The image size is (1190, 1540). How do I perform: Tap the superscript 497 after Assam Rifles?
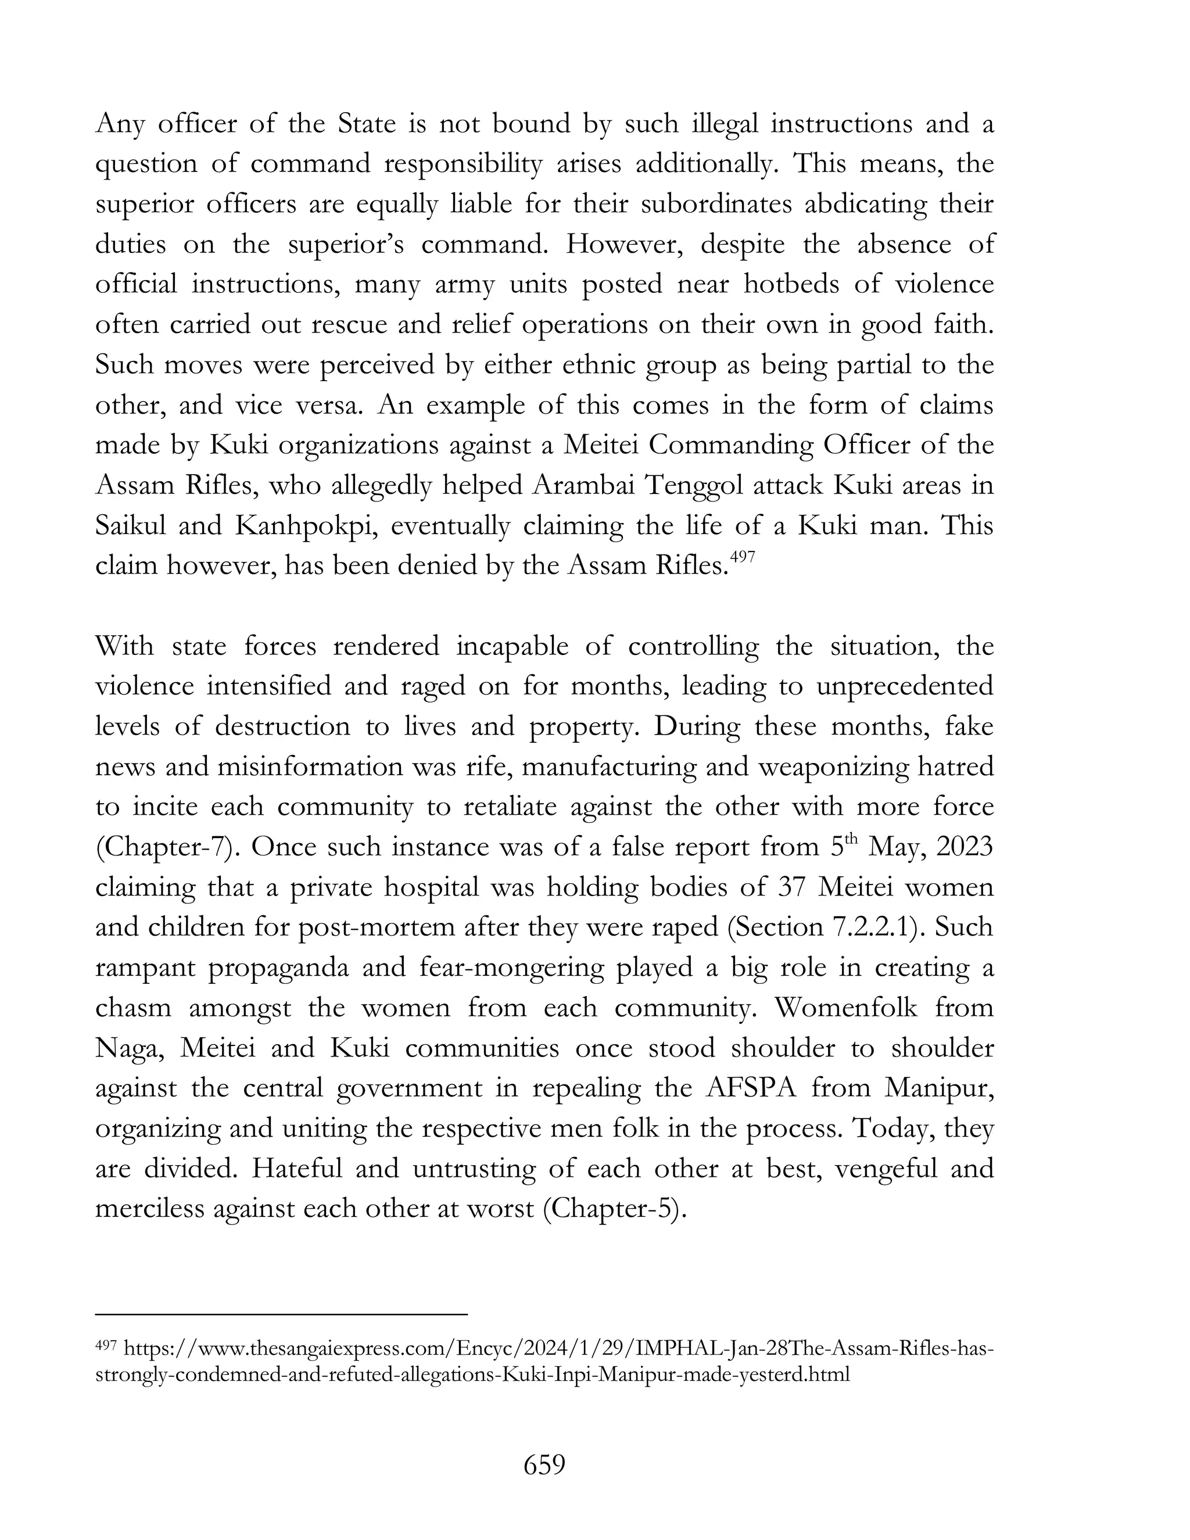(743, 558)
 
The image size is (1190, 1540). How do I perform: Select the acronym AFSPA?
(750, 1088)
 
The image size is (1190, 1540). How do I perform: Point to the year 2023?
(965, 847)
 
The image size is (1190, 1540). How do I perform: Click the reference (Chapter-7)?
(169, 847)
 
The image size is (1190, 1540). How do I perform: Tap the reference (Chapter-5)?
(615, 1209)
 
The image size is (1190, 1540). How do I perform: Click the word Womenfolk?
(846, 1008)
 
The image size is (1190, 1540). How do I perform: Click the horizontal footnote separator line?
(281, 1315)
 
